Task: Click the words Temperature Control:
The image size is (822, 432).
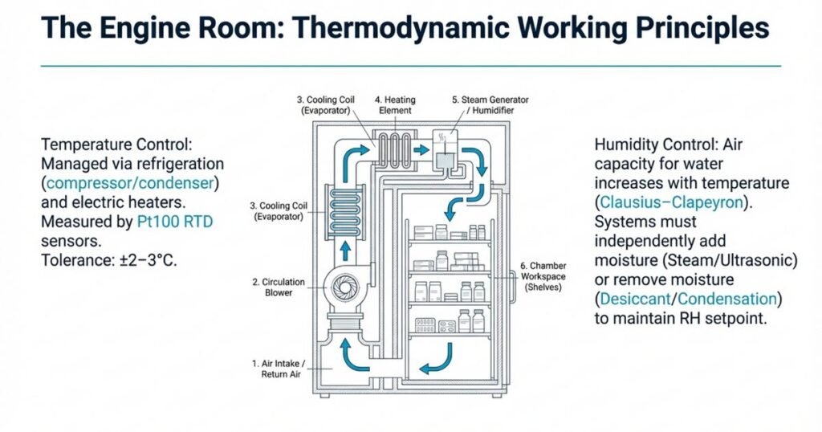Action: (113, 145)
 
